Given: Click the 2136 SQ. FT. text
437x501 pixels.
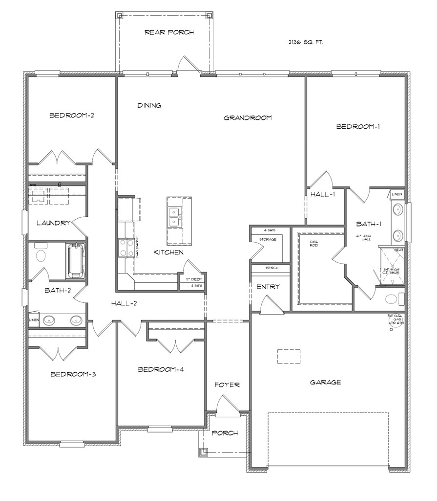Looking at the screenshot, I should click(x=306, y=43).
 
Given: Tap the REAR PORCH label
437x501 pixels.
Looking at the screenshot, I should click(x=169, y=33).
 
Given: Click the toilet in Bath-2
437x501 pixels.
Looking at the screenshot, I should click(x=41, y=254).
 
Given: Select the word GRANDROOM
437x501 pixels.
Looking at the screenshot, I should click(x=248, y=118).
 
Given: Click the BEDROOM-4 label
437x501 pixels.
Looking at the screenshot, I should click(x=161, y=370).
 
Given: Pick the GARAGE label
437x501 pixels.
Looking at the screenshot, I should click(x=325, y=382).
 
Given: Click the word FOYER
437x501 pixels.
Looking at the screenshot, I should click(x=227, y=385).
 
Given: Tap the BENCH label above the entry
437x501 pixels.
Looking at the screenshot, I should click(x=271, y=268).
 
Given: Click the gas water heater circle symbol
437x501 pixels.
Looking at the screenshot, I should click(x=391, y=329).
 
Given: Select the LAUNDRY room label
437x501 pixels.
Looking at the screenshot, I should click(x=54, y=223).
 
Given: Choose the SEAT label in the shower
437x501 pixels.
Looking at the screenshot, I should click(x=398, y=250).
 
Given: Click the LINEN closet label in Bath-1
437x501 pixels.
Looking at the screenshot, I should click(x=397, y=194).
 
